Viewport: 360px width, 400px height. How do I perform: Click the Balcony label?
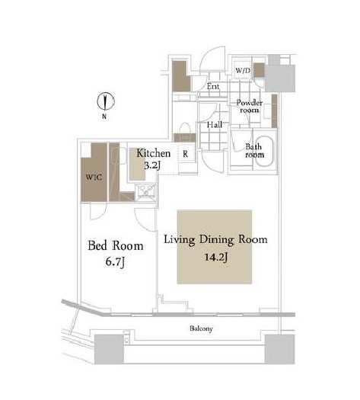[x=201, y=328]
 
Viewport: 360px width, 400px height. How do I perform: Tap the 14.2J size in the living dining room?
[x=216, y=258]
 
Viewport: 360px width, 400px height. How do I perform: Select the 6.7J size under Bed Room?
[x=115, y=262]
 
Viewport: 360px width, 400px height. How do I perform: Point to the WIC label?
[x=94, y=177]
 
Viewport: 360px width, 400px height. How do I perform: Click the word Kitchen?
[x=154, y=153]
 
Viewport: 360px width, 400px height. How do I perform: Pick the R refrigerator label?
[x=185, y=154]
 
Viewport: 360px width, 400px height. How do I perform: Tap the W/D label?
[x=243, y=70]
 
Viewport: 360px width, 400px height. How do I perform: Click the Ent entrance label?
[x=213, y=87]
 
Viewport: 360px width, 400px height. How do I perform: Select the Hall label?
[x=215, y=125]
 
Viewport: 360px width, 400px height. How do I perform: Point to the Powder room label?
[x=250, y=106]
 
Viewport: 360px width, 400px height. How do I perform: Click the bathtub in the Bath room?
[x=264, y=151]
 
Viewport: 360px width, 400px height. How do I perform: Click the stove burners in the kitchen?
[x=145, y=190]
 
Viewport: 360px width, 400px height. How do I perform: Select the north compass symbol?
[x=106, y=101]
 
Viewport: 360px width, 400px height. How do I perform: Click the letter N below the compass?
[x=104, y=117]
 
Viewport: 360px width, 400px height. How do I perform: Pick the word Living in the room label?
[x=180, y=240]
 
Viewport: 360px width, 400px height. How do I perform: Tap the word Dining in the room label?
[x=217, y=240]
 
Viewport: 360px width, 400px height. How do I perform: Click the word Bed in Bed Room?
[x=97, y=245]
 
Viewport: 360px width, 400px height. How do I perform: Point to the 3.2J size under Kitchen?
[x=152, y=165]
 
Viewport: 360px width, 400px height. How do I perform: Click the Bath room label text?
[x=254, y=151]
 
